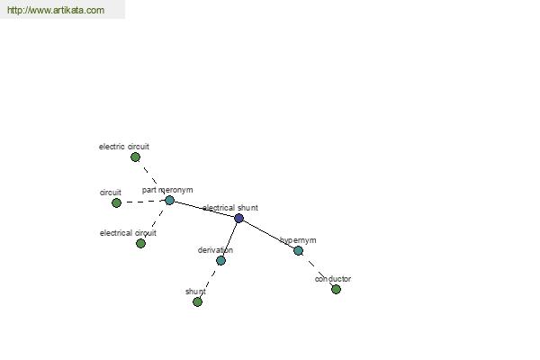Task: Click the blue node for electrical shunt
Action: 238,218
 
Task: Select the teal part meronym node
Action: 169,200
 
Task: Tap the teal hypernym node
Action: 298,250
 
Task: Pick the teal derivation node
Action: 220,260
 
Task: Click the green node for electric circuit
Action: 135,157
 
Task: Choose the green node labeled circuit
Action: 116,202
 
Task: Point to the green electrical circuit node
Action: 140,244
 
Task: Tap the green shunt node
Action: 197,302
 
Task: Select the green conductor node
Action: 336,290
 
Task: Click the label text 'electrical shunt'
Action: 230,208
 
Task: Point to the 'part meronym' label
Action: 167,190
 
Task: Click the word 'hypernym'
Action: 298,240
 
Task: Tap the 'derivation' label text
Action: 215,250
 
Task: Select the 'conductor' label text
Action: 333,279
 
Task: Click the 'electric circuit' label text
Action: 124,147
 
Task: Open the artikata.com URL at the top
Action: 56,10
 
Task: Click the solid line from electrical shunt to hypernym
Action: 268,234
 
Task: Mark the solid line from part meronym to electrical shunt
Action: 204,209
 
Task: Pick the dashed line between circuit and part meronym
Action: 143,202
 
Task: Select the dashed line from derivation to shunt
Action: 209,282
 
